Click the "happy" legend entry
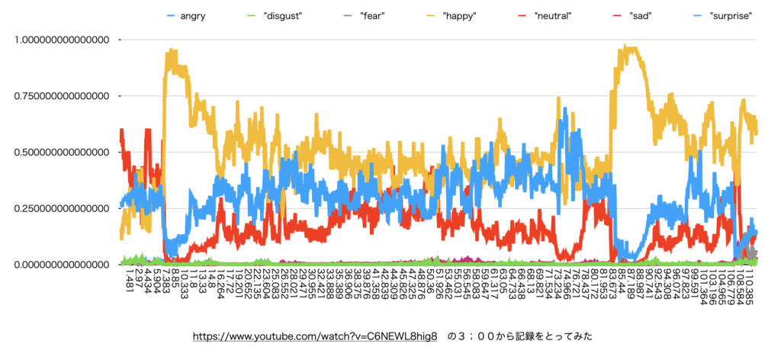coord(461,16)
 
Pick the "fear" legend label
coord(373,16)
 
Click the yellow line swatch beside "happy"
coord(434,16)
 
